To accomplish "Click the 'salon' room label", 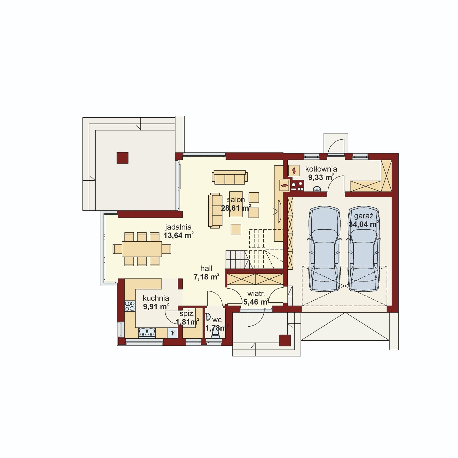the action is point(236,200).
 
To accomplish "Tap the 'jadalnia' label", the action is point(178,227).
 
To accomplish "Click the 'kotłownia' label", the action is point(321,169).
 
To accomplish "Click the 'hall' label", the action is point(206,268).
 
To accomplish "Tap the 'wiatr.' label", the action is point(256,294).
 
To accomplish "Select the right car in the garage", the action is point(364,249).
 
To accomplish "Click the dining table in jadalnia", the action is point(142,249).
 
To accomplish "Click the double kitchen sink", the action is point(147,332).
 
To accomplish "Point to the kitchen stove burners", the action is point(130,306).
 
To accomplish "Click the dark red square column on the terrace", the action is point(123,158).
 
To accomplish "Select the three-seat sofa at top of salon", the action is point(230,177).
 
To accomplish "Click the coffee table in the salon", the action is point(236,204).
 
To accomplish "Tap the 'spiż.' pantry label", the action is point(187,313).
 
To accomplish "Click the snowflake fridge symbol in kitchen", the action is point(172,333).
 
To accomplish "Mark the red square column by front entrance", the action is point(285,341).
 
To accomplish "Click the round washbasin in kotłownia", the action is point(317,189).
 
